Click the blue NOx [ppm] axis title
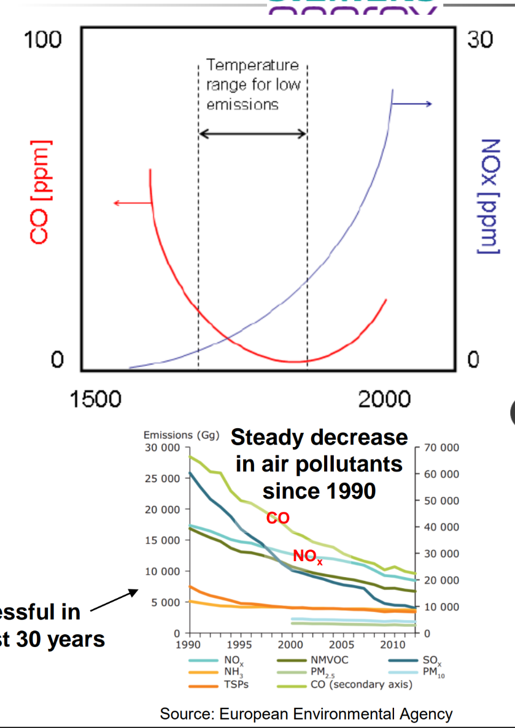(489, 195)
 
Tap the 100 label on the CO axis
(42, 40)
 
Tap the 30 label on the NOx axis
(479, 40)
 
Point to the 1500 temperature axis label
(95, 399)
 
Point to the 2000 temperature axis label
(384, 399)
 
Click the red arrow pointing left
(132, 203)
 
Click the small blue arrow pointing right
(412, 104)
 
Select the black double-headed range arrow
(252, 134)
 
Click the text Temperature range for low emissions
(252, 85)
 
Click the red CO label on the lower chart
(277, 518)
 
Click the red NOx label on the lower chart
(308, 557)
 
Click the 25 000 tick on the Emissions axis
(162, 478)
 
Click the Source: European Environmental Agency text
(306, 714)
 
